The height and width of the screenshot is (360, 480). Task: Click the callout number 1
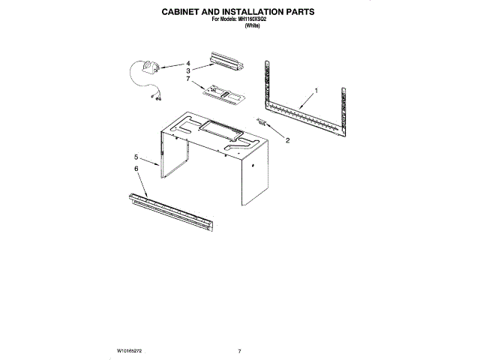pyautogui.click(x=316, y=91)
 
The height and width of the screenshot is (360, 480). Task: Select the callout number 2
pyautogui.click(x=288, y=140)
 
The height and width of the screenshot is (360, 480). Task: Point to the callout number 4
pyautogui.click(x=188, y=63)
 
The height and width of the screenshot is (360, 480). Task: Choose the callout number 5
pyautogui.click(x=136, y=157)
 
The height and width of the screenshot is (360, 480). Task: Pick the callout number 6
pyautogui.click(x=136, y=169)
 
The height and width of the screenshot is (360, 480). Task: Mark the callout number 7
pyautogui.click(x=188, y=77)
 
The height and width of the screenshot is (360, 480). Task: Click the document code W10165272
pyautogui.click(x=130, y=350)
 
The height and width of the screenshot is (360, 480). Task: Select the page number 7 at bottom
pyautogui.click(x=239, y=350)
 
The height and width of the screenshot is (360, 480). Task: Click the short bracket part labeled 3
pyautogui.click(x=228, y=59)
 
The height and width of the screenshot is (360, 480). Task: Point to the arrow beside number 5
pyautogui.click(x=150, y=160)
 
